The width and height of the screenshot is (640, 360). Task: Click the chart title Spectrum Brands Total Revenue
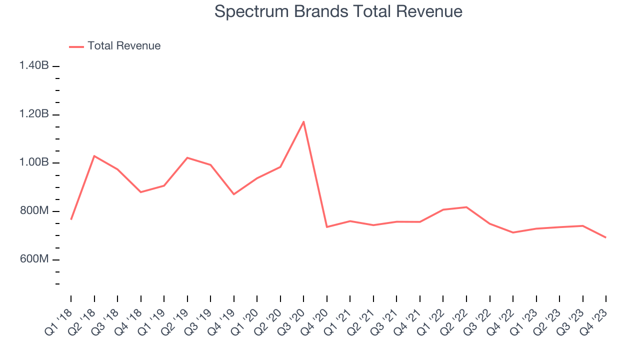pos(338,11)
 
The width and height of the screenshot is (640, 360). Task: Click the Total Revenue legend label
pos(124,46)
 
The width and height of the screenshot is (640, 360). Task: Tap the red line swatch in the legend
pos(76,46)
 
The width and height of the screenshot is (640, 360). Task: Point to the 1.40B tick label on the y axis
pos(34,65)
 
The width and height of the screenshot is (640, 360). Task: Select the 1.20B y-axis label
pos(34,114)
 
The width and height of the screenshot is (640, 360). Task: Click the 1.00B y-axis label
pos(34,162)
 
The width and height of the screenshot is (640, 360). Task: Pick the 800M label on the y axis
pos(34,211)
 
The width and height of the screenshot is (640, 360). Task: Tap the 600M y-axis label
pos(34,259)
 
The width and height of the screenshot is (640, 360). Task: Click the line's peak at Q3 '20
pos(303,121)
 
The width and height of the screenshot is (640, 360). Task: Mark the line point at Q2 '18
pos(94,156)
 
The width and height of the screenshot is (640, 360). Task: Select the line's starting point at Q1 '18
pos(71,219)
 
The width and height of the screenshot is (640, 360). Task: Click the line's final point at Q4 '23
pos(606,237)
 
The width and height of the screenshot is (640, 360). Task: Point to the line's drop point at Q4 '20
pos(327,227)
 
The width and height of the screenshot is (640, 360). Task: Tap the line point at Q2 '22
pos(466,207)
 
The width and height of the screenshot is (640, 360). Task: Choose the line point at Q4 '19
pos(234,194)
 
